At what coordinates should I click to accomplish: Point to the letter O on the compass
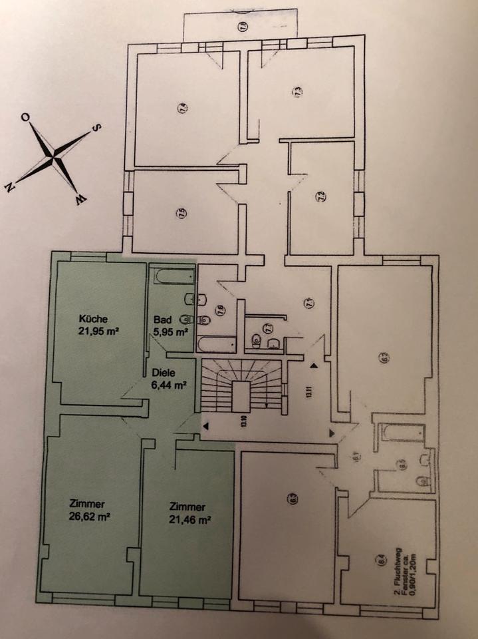(x=25, y=118)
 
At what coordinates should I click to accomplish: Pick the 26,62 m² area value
(x=88, y=516)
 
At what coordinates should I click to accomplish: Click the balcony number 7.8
(x=243, y=27)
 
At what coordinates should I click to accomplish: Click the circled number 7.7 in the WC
(x=269, y=327)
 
